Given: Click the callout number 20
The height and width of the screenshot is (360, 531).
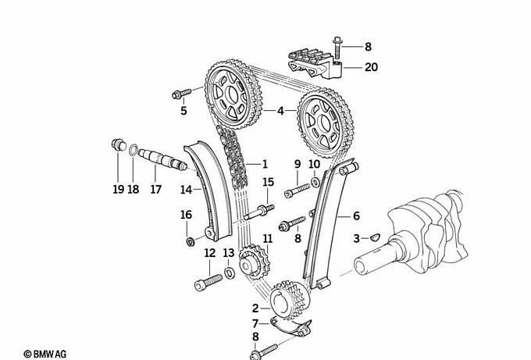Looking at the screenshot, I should point(370,67).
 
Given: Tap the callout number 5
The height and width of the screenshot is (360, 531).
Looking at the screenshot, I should point(184,111).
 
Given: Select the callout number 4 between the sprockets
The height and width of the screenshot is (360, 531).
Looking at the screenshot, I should point(280,111).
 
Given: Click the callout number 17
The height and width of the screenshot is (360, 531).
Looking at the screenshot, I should point(155,188).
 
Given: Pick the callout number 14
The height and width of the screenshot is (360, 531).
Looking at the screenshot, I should point(185,188).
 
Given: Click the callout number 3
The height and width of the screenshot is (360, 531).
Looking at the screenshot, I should point(356,238).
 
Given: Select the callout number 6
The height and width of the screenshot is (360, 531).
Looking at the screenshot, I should point(356,216).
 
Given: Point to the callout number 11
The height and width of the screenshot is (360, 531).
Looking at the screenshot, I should point(267,238).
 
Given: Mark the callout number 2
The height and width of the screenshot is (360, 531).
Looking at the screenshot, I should point(255,308).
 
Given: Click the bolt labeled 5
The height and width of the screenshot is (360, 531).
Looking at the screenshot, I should point(179,95).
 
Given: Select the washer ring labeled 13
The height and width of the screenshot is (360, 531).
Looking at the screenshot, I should point(230,273).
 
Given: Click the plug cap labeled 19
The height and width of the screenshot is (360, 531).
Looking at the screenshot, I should point(119,144).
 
